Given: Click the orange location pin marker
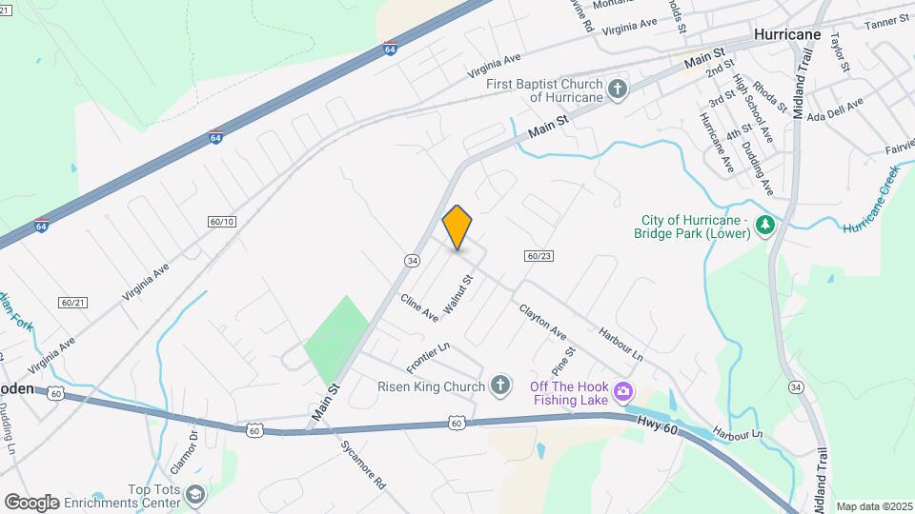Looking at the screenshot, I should [x=457, y=227].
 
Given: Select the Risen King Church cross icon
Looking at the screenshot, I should [x=499, y=385].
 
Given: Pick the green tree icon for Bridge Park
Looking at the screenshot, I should [x=763, y=226].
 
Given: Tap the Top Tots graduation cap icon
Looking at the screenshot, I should [x=194, y=495].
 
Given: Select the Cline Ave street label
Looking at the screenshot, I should [x=419, y=306].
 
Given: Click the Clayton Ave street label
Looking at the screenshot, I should [x=542, y=322].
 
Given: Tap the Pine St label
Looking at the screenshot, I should [x=562, y=362].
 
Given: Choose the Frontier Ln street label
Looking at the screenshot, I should [x=427, y=358].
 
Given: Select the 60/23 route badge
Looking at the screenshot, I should [x=539, y=255].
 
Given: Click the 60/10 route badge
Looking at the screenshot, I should [x=221, y=221].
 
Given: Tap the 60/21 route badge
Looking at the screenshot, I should [x=72, y=302].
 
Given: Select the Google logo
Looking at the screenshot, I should [x=31, y=502].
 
